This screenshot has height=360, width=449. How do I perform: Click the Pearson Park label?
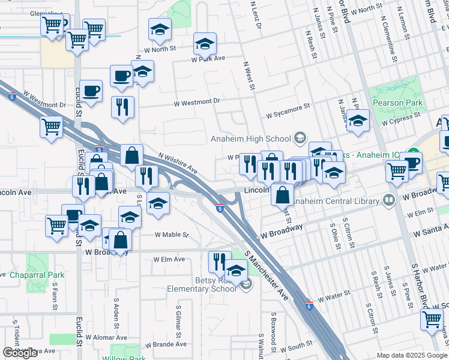tap(397, 103)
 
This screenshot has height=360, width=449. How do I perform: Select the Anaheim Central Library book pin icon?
tap(389, 200)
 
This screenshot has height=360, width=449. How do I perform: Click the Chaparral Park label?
tap(37, 275)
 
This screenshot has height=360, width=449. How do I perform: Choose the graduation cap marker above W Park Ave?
tap(205, 44)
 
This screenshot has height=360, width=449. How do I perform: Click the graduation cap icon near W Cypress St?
tap(358, 121)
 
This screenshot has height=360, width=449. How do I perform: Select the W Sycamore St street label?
tap(288, 109)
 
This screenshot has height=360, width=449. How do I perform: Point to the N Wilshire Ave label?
tap(178, 163)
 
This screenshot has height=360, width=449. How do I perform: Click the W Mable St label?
tap(172, 235)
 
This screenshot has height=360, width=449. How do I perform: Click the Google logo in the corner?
tap(20, 353)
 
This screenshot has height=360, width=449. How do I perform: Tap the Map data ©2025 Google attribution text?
tap(411, 355)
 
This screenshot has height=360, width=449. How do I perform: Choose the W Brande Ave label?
tap(166, 344)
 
